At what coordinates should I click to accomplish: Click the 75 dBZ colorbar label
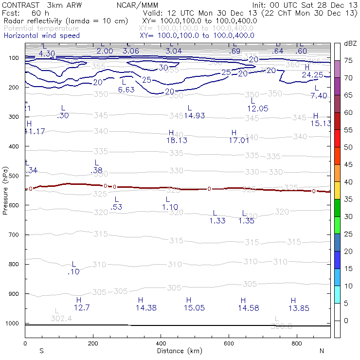[x=348, y=61]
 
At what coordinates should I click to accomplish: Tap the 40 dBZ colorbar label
[x=348, y=182]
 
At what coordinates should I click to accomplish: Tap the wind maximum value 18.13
[x=177, y=140]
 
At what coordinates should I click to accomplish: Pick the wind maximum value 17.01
[x=239, y=140]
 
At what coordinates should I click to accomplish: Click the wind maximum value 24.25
[x=312, y=75]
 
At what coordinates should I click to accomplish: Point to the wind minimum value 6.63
[x=126, y=90]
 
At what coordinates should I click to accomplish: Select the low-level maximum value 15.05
[x=194, y=307]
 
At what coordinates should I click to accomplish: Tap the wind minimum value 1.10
[x=170, y=207]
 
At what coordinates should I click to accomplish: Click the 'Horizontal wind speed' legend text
[x=41, y=36]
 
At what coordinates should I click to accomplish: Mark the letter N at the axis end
[x=322, y=350]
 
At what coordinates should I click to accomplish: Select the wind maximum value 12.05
[x=258, y=108]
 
